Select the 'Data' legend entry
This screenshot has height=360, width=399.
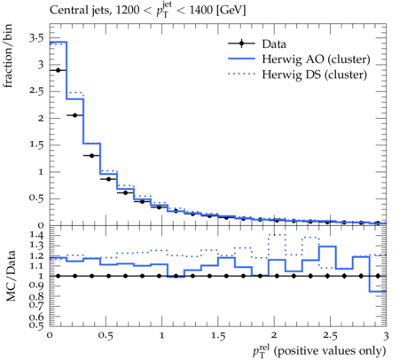(x=257, y=43)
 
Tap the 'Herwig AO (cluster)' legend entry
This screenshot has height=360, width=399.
(x=299, y=59)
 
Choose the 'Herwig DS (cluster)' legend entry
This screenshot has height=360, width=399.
(x=298, y=74)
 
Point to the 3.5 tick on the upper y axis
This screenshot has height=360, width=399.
(x=36, y=38)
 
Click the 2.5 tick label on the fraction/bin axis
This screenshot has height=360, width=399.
(x=36, y=91)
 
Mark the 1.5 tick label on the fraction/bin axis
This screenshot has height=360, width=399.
(x=36, y=145)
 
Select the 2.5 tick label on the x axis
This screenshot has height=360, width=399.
(x=330, y=335)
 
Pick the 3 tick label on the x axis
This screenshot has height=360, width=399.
(x=386, y=335)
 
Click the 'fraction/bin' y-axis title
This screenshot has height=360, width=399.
(x=8, y=56)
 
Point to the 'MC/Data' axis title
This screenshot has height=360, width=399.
(x=11, y=276)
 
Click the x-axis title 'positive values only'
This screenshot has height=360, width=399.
(x=329, y=351)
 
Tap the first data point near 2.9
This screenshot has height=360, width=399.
(x=58, y=70)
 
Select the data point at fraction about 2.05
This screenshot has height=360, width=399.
(x=74, y=115)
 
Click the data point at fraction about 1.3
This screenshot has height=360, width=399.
(x=91, y=155)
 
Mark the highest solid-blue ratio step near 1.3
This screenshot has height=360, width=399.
(x=327, y=247)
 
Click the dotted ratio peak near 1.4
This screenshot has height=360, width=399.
(x=277, y=235)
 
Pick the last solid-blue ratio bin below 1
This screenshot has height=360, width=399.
(x=378, y=292)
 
